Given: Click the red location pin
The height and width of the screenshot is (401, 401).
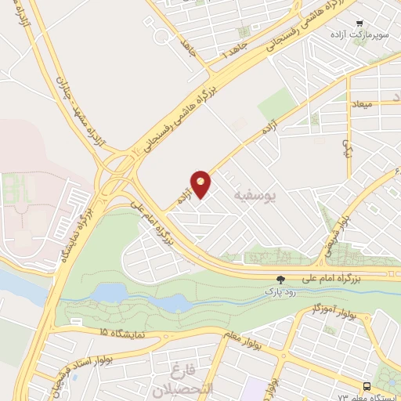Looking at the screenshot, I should click(x=201, y=183).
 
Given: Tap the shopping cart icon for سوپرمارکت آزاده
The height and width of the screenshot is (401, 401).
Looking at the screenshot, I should click(x=359, y=23).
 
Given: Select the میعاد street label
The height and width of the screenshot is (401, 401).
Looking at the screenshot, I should click(x=386, y=104).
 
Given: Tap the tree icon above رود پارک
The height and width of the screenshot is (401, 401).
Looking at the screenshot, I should click(x=280, y=279).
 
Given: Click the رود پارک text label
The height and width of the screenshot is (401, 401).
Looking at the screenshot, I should click(x=280, y=291).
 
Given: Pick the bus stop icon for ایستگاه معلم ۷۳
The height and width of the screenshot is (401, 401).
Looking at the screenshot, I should click(x=367, y=386).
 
